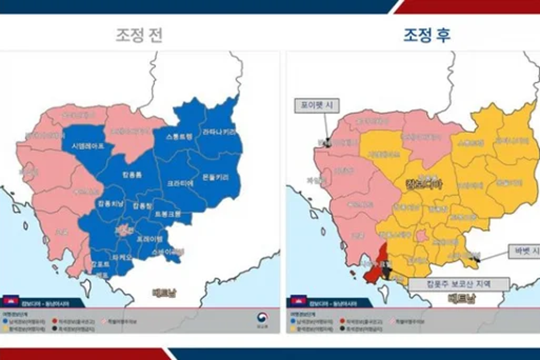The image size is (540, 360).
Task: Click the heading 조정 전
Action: (139, 35)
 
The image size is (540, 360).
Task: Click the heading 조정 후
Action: (427, 35)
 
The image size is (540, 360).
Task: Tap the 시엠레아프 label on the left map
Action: (88, 146)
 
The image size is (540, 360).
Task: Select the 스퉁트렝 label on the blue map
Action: (179, 136)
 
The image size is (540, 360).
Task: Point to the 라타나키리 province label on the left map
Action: (219, 132)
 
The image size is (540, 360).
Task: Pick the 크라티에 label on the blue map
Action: (180, 183)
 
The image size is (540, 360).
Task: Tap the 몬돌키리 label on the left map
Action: (215, 177)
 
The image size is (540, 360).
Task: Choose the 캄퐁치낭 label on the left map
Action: (111, 203)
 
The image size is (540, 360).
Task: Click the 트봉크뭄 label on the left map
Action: (168, 214)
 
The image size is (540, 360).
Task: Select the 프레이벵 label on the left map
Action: (150, 239)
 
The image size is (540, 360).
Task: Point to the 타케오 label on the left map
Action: (122, 257)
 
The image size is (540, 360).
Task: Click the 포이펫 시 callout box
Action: (317, 106)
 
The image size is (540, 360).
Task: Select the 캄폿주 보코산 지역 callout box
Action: (459, 284)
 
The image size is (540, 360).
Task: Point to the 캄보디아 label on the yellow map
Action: (424, 184)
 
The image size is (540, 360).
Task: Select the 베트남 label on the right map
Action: (461, 298)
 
